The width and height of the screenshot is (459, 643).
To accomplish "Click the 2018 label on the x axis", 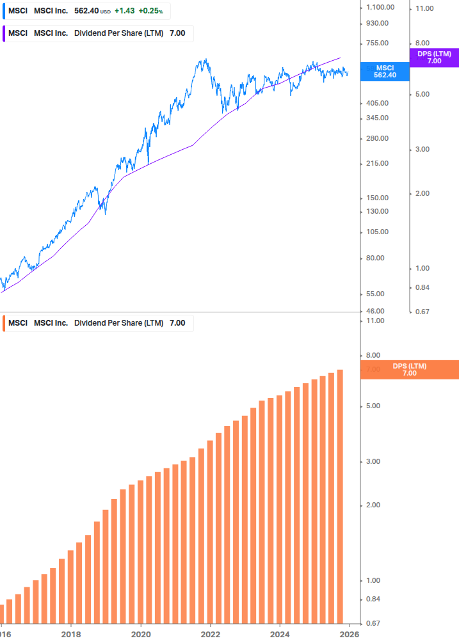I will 71,635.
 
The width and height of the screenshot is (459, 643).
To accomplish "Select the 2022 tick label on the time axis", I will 210,635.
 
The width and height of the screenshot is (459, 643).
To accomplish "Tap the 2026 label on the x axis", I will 349,635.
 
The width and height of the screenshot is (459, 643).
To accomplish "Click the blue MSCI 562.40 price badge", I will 385,71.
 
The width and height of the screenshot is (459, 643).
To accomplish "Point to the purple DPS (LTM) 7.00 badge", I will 434,58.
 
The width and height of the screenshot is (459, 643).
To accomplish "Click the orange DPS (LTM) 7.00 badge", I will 410,369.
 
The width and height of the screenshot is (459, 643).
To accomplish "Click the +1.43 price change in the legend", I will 125,11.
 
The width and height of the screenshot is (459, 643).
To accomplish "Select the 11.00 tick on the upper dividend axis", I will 425,8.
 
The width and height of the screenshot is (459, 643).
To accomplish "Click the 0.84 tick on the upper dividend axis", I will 423,287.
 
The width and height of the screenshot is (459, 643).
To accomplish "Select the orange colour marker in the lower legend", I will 3,323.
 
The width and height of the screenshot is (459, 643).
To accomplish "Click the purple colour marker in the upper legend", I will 3,33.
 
